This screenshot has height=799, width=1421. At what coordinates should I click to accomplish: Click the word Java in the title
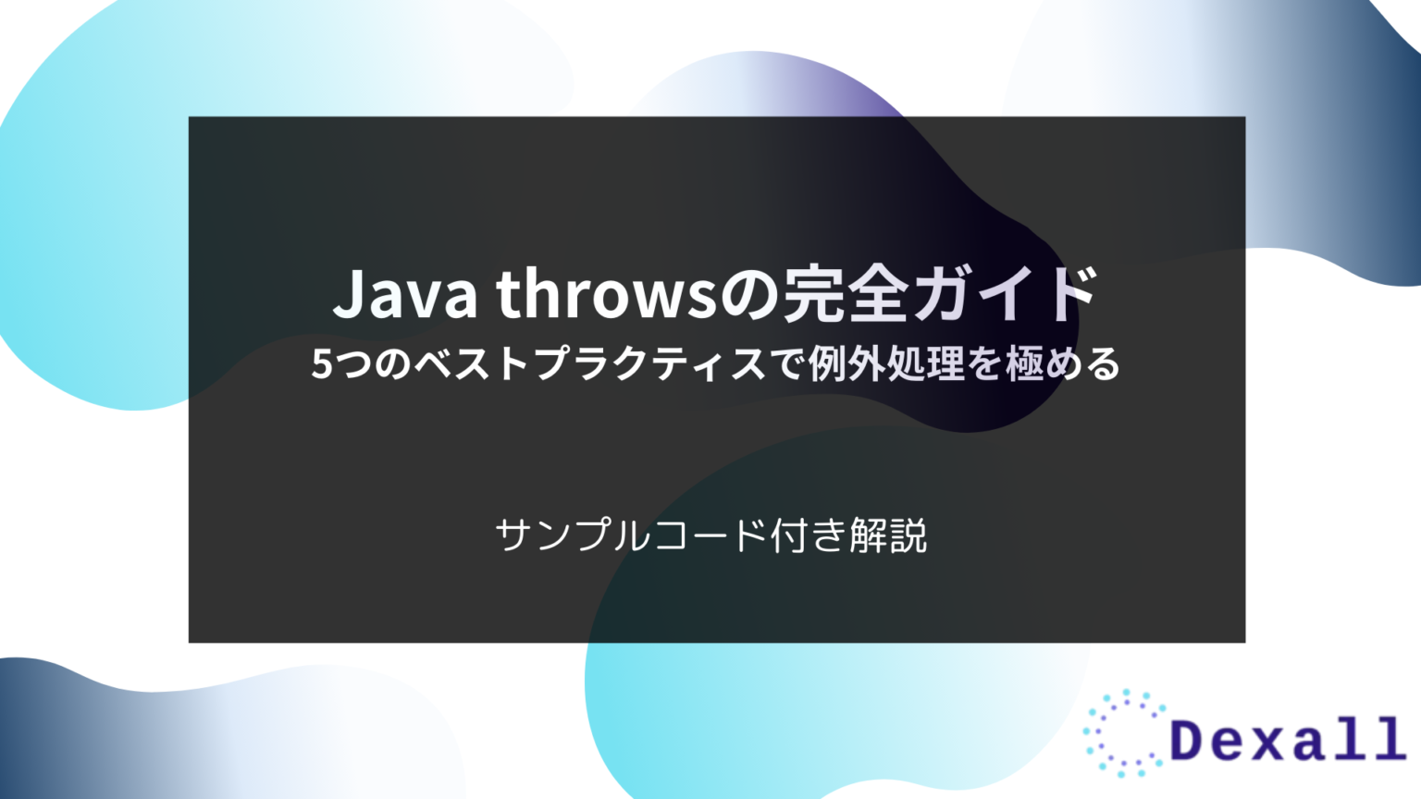[x=404, y=294]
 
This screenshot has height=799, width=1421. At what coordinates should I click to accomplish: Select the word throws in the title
[x=606, y=294]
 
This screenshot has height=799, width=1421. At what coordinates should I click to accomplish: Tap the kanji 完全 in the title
[x=845, y=294]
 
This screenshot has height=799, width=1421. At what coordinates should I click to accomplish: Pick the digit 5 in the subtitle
[x=321, y=364]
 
